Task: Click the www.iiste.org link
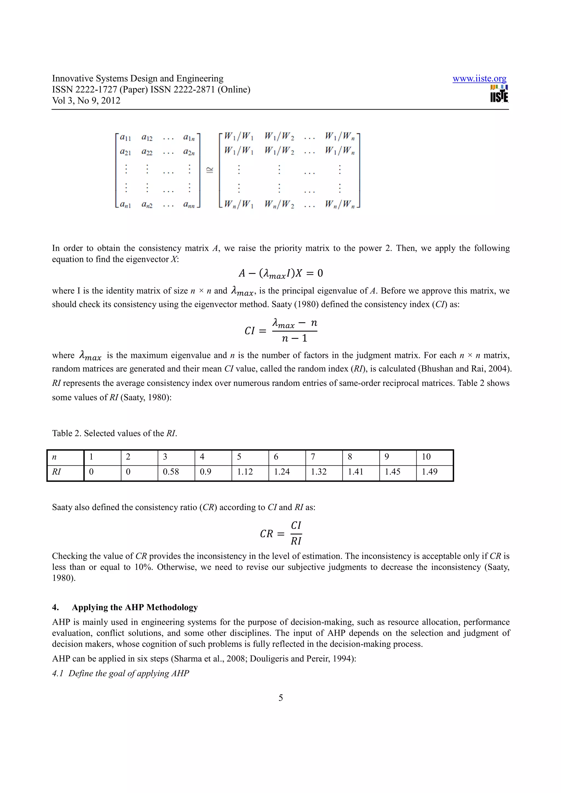479,79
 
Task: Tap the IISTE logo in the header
499,94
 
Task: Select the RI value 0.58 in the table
171,472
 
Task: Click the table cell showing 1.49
429,472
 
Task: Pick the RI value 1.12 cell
245,472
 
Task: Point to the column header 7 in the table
313,457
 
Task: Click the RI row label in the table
57,472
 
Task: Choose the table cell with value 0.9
205,472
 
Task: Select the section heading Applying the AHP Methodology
134,607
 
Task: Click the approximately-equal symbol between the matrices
210,170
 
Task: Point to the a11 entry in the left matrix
125,137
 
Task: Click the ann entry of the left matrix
189,205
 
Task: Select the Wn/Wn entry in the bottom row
340,204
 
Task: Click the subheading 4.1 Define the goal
121,673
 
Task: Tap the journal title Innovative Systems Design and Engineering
138,79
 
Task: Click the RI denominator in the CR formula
296,541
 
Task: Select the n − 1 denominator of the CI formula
294,338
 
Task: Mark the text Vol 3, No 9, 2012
86,101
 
